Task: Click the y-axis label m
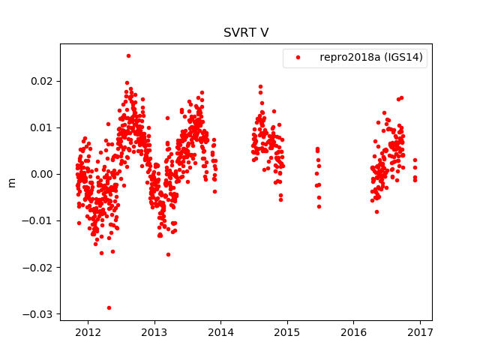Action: (x=11, y=182)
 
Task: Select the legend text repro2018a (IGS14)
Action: (x=373, y=57)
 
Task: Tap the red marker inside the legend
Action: (x=298, y=58)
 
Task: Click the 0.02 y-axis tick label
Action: (x=43, y=81)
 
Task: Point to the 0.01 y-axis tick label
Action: (x=43, y=127)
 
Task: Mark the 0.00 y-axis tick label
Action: (x=43, y=174)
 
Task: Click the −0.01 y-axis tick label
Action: (x=40, y=220)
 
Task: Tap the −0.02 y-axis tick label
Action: (x=40, y=267)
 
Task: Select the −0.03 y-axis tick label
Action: (x=40, y=313)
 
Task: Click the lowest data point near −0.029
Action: (x=109, y=307)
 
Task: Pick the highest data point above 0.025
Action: (x=128, y=55)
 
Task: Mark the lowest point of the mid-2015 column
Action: (x=319, y=206)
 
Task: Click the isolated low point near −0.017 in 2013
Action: (x=168, y=254)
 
